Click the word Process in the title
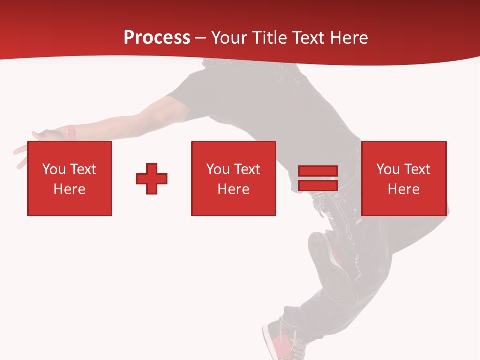[x=157, y=38]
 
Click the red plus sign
[x=152, y=179]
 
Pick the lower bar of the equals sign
[x=318, y=185]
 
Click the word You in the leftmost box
[x=54, y=169]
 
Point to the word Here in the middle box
[x=233, y=189]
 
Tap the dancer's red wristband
[x=71, y=133]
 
